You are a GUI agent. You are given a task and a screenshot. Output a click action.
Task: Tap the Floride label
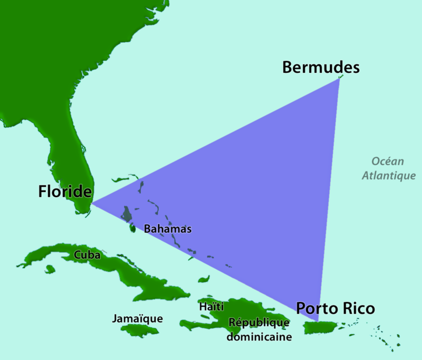(65, 191)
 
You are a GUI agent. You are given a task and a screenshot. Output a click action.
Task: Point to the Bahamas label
(168, 229)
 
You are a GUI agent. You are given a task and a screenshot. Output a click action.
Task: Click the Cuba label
(88, 254)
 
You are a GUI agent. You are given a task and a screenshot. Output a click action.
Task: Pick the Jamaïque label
(137, 318)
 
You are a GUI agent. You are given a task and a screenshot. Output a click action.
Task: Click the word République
(258, 323)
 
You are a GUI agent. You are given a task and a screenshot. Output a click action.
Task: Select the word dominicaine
(259, 336)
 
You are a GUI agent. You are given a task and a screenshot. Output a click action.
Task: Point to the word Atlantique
(388, 176)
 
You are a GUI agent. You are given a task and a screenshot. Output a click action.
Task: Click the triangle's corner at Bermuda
(339, 79)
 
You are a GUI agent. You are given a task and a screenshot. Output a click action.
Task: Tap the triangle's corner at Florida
(92, 203)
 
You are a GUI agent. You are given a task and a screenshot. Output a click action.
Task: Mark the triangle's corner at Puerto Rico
(318, 320)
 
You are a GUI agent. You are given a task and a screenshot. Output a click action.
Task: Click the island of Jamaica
(139, 329)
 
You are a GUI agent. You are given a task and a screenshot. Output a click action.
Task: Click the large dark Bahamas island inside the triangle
(127, 214)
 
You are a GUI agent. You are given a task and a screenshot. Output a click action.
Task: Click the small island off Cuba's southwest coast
(50, 269)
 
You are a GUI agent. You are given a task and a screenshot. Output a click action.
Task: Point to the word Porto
(315, 308)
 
